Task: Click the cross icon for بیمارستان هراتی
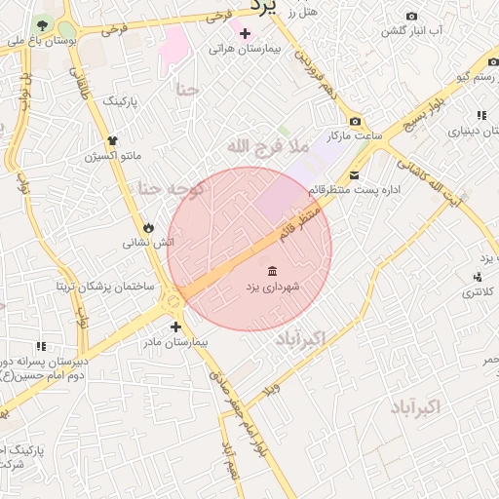click(x=245, y=34)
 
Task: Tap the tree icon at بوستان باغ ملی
click(x=42, y=23)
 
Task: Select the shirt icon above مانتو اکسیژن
click(x=113, y=140)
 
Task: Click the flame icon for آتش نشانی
click(x=148, y=227)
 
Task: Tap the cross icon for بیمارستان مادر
click(x=175, y=327)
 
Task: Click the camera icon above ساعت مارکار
click(x=355, y=121)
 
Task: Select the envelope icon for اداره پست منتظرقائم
click(x=354, y=175)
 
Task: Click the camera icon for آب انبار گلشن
click(x=411, y=17)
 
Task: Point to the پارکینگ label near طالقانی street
click(x=121, y=100)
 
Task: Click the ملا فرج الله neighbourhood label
click(x=267, y=146)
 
